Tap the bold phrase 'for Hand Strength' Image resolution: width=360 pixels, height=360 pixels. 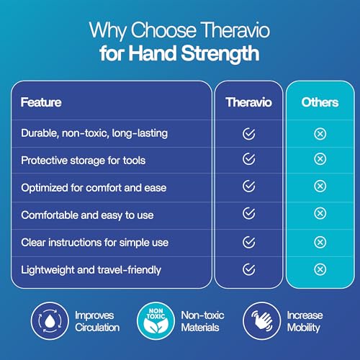click(x=180, y=55)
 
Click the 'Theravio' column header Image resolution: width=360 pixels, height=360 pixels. click(x=248, y=102)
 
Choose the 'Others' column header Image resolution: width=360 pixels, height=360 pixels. click(x=320, y=102)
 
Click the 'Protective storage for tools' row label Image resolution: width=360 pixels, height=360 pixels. click(x=84, y=160)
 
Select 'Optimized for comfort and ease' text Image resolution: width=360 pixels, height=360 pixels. click(x=94, y=187)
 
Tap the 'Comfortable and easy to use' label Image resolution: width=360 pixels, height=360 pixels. click(x=87, y=215)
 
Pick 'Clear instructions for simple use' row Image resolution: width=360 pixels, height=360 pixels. click(x=94, y=242)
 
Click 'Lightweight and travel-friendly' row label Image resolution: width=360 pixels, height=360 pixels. click(x=91, y=269)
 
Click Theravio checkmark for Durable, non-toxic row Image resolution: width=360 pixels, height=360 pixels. click(x=249, y=132)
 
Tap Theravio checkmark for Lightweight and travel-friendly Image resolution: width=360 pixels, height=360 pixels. click(x=249, y=269)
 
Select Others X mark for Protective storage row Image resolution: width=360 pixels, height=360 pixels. click(x=320, y=160)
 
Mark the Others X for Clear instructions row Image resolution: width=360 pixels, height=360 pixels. click(x=320, y=242)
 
